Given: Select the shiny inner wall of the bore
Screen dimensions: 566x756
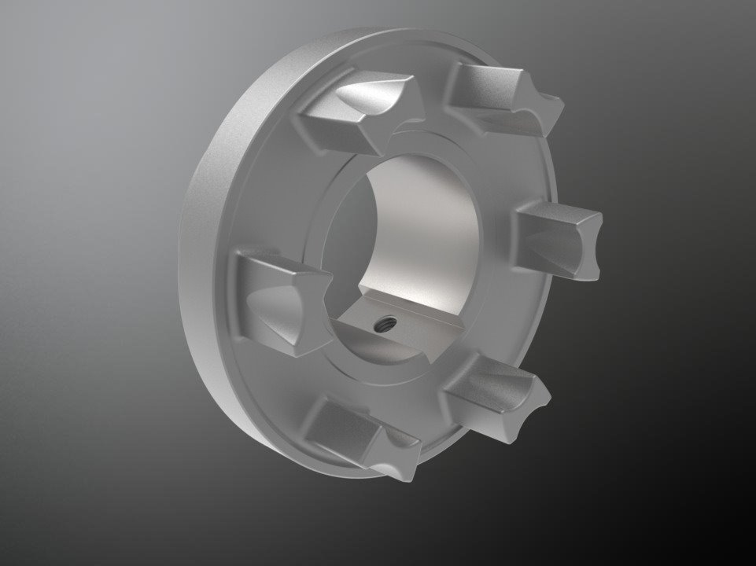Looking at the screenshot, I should point(425,228).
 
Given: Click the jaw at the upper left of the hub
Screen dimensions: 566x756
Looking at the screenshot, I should point(354,114).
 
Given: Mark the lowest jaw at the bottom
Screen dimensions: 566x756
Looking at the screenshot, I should point(362,436).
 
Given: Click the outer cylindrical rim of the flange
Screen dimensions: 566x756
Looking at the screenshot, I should point(206,236).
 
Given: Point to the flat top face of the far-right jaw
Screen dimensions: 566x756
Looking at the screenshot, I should point(555,216).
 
